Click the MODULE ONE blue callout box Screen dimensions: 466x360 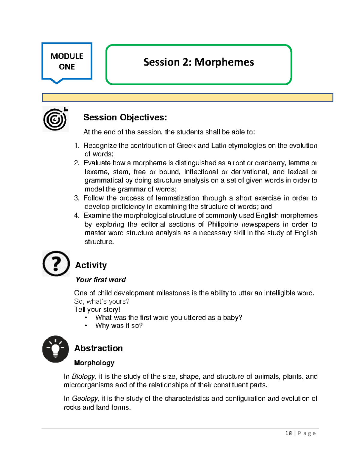[67, 61]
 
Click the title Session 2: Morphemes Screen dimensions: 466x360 [199, 62]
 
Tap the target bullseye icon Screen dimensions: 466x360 [55, 119]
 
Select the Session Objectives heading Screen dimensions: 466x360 [125, 117]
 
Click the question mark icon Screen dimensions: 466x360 [56, 264]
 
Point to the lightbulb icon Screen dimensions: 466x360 [55, 349]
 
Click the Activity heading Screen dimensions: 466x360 [91, 265]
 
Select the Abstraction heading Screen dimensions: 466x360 [98, 348]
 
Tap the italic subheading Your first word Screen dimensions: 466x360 [100, 280]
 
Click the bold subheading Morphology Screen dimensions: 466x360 [94, 363]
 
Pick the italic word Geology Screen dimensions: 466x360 [85, 398]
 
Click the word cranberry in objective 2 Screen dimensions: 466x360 [270, 163]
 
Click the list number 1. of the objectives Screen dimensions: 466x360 [77, 146]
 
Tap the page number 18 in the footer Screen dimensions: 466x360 [289, 433]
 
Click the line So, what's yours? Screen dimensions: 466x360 [102, 301]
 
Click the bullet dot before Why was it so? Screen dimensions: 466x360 [86, 326]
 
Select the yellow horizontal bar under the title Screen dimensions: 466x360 [187, 98]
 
